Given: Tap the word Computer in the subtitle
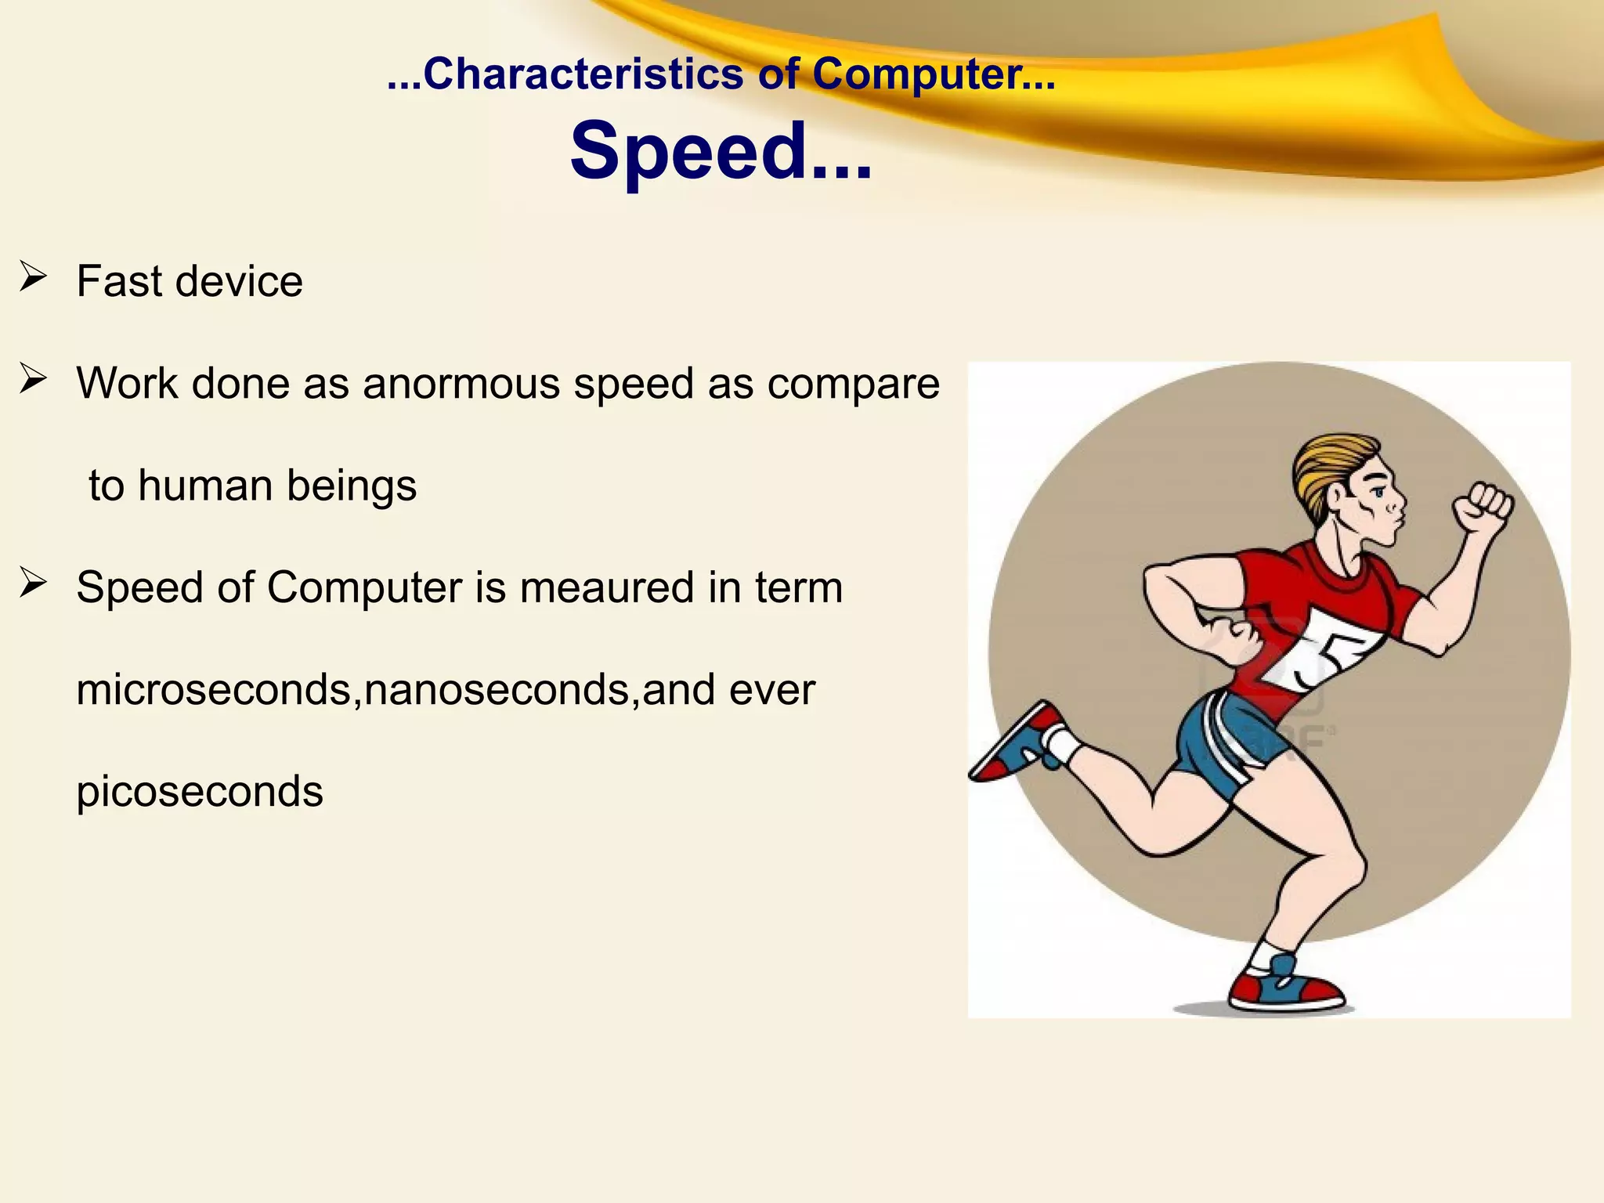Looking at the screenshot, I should coord(916,75).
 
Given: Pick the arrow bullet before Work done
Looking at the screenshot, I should coord(34,379).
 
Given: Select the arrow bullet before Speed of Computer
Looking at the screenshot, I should coord(34,583).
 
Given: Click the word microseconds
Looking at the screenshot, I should coord(213,690).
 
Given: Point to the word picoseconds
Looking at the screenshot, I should coord(200,792).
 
